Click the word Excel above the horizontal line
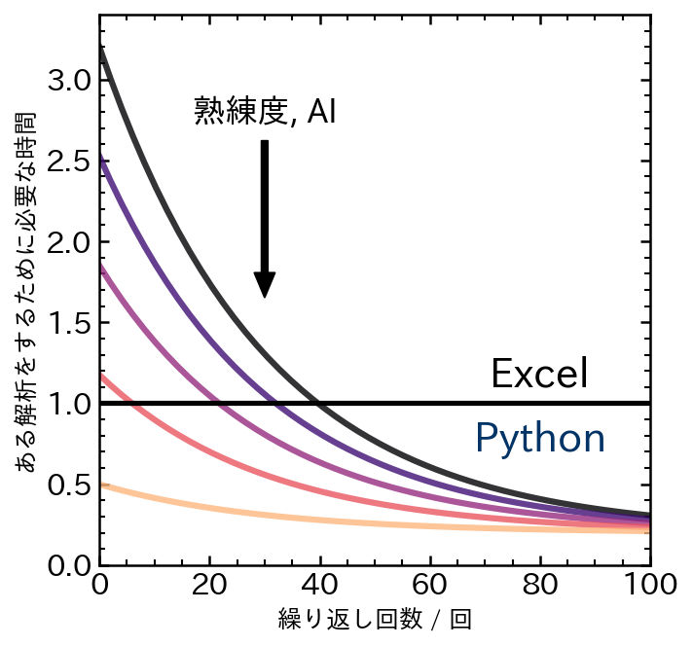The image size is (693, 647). click(539, 374)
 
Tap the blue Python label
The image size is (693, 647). click(540, 439)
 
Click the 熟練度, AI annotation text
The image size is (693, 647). click(265, 111)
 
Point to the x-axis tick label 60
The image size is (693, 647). click(429, 587)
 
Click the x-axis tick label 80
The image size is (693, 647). click(540, 587)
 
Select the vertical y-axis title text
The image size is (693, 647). click(27, 292)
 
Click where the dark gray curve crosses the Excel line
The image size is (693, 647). click(317, 403)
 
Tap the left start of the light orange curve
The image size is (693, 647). click(102, 485)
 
